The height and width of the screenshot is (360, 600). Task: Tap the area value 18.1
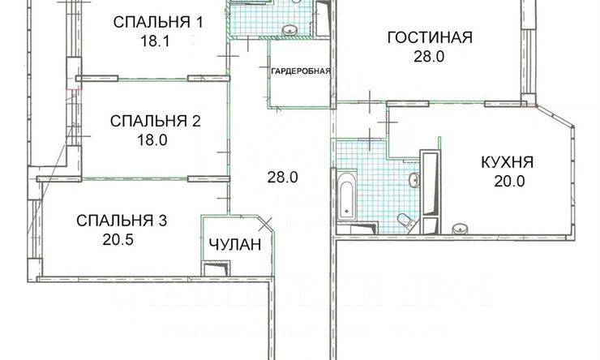click(153, 41)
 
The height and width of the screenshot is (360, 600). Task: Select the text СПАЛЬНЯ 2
click(155, 122)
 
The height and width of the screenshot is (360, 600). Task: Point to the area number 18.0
click(152, 139)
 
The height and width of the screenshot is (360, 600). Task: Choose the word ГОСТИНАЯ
click(429, 38)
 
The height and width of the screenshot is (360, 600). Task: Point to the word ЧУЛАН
click(234, 246)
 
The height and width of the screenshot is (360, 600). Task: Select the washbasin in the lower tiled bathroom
click(414, 179)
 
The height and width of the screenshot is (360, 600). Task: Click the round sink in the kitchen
click(461, 228)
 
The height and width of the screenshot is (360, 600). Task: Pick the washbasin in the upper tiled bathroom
click(288, 30)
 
